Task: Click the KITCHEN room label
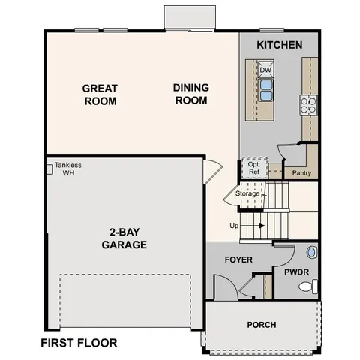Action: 280,45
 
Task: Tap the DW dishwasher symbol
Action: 265,70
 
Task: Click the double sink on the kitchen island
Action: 265,90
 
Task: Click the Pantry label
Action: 301,173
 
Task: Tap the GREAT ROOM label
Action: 100,94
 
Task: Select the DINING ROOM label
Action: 191,94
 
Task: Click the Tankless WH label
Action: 67,169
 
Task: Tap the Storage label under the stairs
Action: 247,194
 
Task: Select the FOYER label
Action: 238,259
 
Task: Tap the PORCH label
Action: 261,325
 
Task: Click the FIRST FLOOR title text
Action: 79,343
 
